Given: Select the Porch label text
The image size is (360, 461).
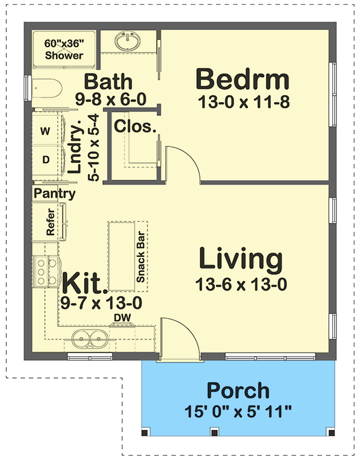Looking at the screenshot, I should [238, 391].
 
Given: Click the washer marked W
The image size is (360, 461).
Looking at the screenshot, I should [44, 131].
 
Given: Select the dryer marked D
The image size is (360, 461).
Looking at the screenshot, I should [44, 157].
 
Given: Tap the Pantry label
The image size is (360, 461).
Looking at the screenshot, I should [55, 194].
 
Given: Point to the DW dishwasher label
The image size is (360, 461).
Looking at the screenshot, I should [122, 318].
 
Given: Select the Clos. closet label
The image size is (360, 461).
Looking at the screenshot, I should [135, 126].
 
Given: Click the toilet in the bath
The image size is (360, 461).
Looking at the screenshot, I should [47, 89].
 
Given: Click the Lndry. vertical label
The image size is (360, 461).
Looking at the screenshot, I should [82, 149].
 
